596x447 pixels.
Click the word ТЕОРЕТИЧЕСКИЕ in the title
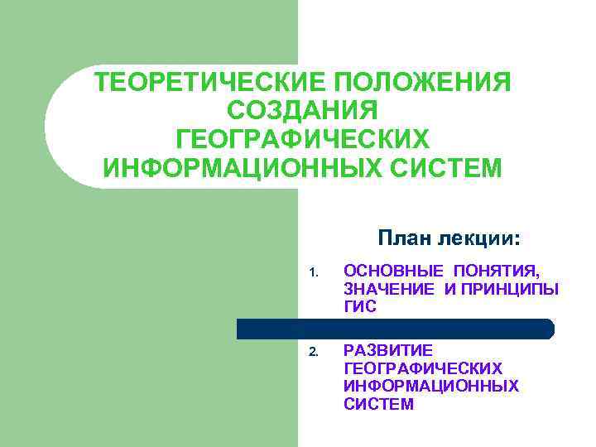(204, 83)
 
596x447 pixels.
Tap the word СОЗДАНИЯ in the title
(302, 111)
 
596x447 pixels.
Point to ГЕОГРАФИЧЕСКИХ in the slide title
(302, 139)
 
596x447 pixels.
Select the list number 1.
(313, 272)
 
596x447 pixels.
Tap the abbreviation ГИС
(360, 306)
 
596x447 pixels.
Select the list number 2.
(313, 351)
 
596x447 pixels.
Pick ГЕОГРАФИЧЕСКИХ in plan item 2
(422, 368)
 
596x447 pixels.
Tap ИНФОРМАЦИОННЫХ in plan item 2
(431, 386)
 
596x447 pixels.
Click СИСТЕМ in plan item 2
(378, 404)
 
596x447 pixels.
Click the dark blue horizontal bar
(395, 329)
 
